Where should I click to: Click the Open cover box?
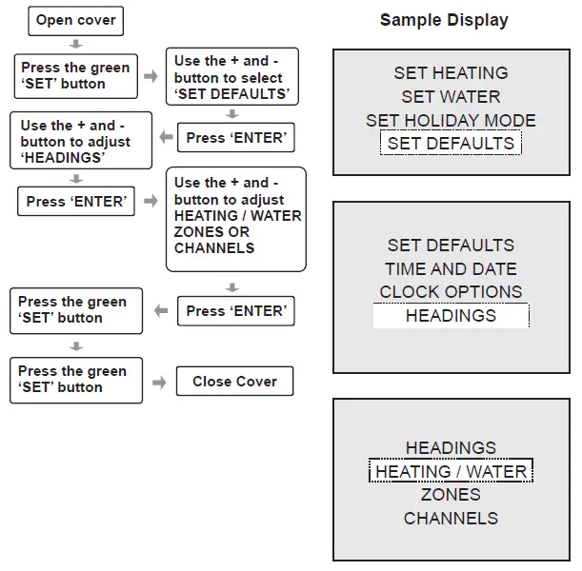75,21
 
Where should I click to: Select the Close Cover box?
234,382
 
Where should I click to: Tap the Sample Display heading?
444,20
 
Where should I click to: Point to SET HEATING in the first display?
451,73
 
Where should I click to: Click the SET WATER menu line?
451,97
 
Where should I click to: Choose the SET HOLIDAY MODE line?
451,121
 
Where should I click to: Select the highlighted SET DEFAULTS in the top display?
451,145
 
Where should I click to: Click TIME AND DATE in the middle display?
451,269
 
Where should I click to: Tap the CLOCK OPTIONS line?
451,292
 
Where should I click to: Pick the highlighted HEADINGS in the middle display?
451,316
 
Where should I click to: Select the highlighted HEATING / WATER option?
451,472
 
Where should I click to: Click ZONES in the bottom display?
451,495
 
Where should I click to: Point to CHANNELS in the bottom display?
451,519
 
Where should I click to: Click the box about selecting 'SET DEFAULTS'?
231,78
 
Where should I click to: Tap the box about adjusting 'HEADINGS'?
81,142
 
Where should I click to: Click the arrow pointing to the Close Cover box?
159,382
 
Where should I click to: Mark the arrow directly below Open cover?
75,44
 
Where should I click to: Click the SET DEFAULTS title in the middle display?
451,246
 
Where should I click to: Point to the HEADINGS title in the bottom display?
451,448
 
